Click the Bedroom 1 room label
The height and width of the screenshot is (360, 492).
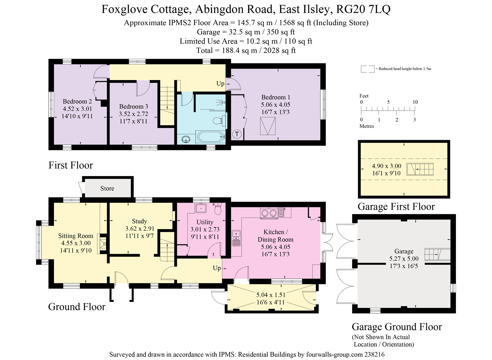[x=276, y=97]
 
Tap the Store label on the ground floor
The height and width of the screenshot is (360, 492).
[x=107, y=188]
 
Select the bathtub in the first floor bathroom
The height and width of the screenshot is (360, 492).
[x=210, y=136]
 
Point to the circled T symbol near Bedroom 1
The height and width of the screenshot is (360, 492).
[x=237, y=134]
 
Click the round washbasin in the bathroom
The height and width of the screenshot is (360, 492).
[x=186, y=139]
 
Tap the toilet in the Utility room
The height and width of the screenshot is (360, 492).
[x=218, y=208]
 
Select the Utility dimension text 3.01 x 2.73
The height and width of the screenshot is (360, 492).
[x=205, y=229]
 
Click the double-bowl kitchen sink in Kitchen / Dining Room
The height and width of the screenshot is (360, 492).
[x=236, y=238]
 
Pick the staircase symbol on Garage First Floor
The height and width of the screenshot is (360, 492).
[x=420, y=169]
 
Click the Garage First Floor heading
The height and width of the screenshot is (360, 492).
[x=396, y=207]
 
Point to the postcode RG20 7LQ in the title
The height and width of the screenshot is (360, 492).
[x=363, y=9]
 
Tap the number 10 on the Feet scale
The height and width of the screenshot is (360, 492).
[x=415, y=102]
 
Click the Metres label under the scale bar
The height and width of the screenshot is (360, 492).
[x=367, y=126]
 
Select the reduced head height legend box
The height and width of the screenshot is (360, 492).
[x=367, y=69]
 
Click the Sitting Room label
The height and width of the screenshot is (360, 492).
[x=76, y=236]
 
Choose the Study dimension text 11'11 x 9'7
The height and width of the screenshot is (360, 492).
[x=140, y=236]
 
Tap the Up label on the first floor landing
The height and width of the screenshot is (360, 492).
[x=220, y=83]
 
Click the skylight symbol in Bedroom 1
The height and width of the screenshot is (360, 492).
[x=268, y=126]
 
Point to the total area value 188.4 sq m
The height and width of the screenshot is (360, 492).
[x=240, y=50]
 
